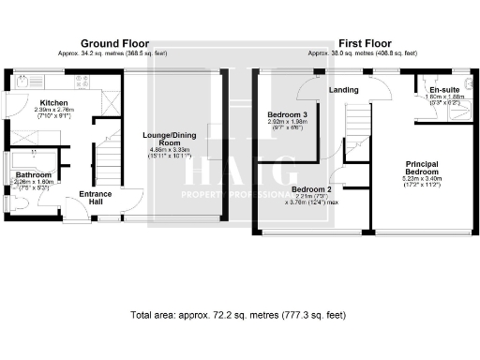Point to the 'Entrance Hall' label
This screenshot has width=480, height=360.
point(97,197)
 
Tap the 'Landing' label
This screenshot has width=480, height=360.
point(344,90)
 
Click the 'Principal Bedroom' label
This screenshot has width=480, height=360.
point(421,168)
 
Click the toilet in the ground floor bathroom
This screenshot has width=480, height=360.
point(12,201)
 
